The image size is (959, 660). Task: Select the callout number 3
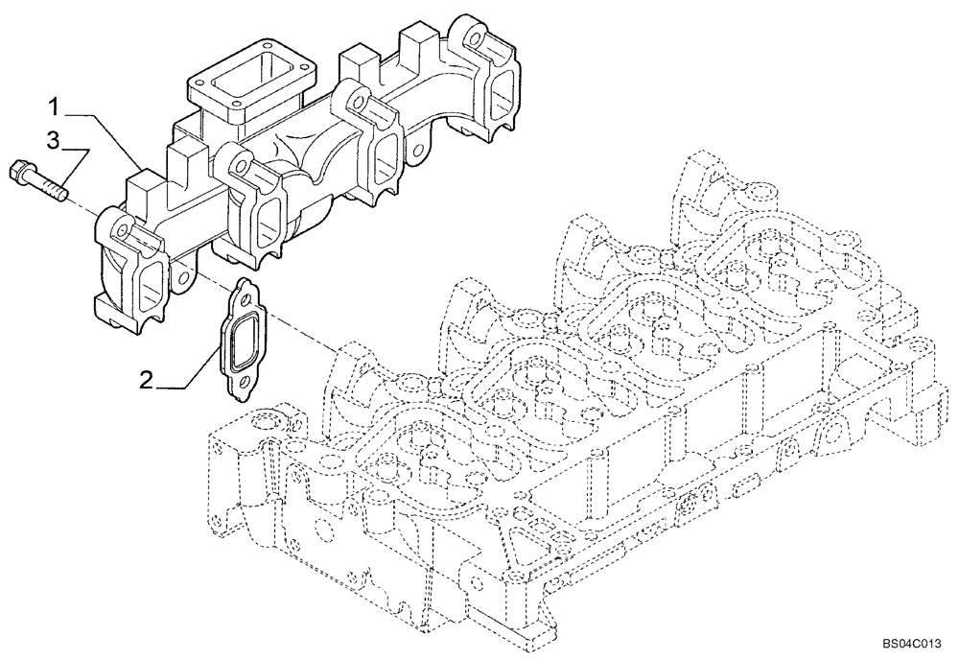click(x=54, y=141)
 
